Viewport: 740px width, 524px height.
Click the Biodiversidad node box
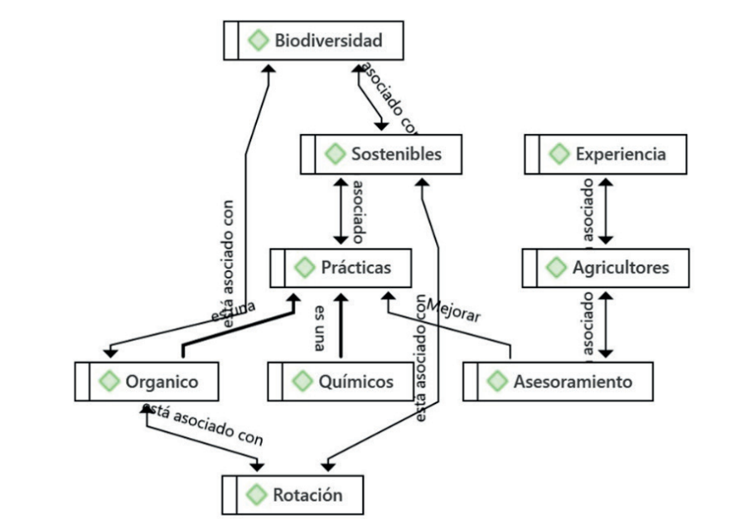point(313,41)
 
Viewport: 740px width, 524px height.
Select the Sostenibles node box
point(381,155)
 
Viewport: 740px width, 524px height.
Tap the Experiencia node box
point(606,155)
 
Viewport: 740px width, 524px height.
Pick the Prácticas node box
point(341,268)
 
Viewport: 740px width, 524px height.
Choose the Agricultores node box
point(606,268)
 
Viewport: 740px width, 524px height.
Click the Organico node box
point(147,382)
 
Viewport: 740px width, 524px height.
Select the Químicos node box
point(341,382)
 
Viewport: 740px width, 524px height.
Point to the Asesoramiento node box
point(558,382)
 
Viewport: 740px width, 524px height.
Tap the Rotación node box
point(293,496)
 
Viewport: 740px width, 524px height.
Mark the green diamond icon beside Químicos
point(303,382)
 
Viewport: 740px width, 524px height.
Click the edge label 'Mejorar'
point(453,310)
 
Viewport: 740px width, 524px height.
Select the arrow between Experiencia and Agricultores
point(606,210)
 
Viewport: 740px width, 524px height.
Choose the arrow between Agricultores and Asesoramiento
point(606,324)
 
